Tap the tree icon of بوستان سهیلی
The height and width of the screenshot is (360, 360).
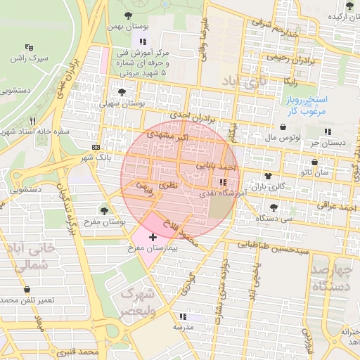pyautogui.click(x=122, y=92)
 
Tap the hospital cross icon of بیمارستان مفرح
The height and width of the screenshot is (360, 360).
pyautogui.click(x=153, y=238)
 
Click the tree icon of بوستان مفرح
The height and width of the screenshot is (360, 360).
pyautogui.click(x=104, y=210)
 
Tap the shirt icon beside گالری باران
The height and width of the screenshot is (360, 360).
pyautogui.click(x=267, y=175)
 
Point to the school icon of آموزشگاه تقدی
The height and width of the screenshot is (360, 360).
pyautogui.click(x=223, y=181)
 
